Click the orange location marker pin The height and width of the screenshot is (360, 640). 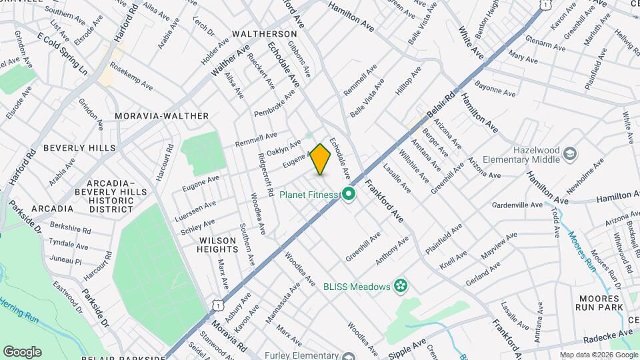pyautogui.click(x=321, y=159)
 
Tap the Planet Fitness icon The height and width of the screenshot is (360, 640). pyautogui.click(x=347, y=195)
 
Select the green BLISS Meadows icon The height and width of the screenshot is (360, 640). pyautogui.click(x=400, y=286)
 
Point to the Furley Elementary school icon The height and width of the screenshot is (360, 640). pyautogui.click(x=347, y=356)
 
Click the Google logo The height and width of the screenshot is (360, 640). pyautogui.click(x=22, y=351)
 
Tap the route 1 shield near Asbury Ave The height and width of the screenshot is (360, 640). pyautogui.click(x=217, y=304)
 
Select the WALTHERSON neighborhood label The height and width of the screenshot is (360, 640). pyautogui.click(x=264, y=33)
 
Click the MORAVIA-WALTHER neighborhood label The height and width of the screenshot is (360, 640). pyautogui.click(x=161, y=116)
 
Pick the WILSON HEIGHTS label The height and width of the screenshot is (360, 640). pyautogui.click(x=217, y=244)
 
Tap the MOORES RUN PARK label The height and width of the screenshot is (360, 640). pyautogui.click(x=600, y=301)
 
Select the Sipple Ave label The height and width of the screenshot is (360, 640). pyautogui.click(x=408, y=347)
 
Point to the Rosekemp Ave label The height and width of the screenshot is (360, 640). pyautogui.click(x=131, y=77)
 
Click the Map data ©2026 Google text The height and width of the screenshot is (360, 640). pyautogui.click(x=597, y=355)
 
